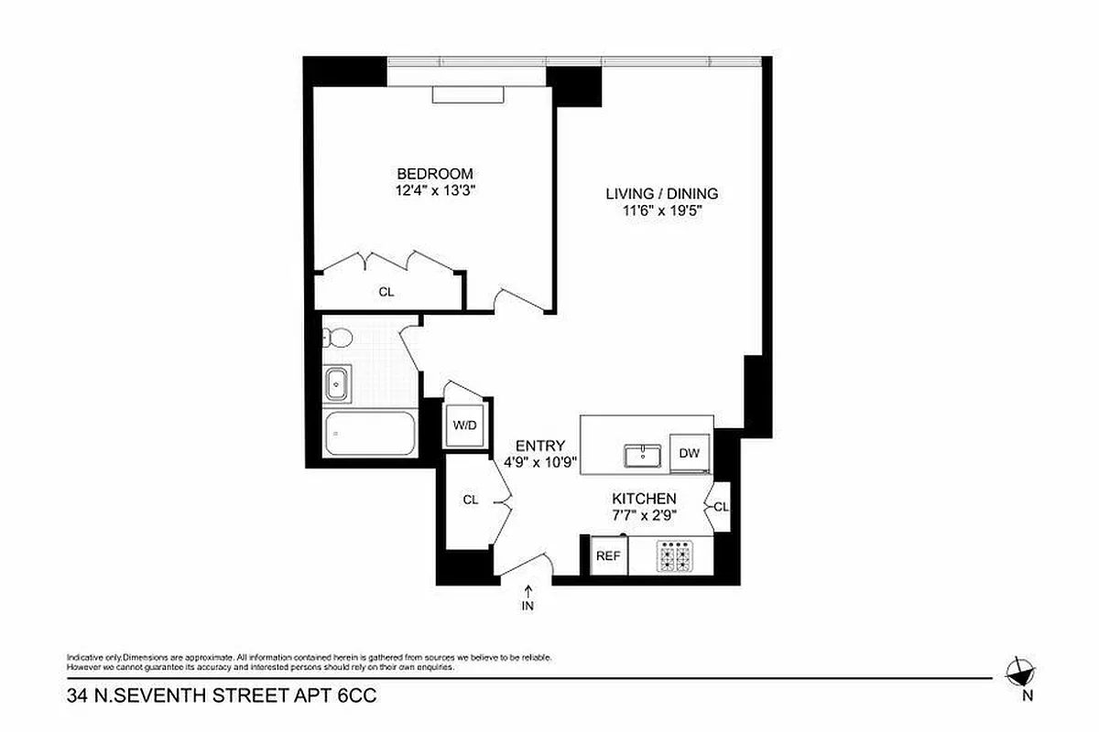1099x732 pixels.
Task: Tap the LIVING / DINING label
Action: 661,194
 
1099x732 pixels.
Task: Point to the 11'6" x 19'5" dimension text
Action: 661,210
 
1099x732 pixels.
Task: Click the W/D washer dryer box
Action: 464,425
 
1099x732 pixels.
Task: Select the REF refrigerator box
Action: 607,555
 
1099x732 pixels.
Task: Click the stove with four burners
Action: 676,555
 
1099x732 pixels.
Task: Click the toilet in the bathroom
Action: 336,339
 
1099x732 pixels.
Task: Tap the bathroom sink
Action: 337,383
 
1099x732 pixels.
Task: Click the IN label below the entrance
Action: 528,605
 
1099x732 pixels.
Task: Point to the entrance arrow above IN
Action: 528,590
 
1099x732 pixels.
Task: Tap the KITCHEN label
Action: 644,499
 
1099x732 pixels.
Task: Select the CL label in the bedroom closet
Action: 386,292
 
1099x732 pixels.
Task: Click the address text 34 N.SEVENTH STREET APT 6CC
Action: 222,697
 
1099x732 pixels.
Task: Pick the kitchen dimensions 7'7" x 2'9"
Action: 644,514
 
